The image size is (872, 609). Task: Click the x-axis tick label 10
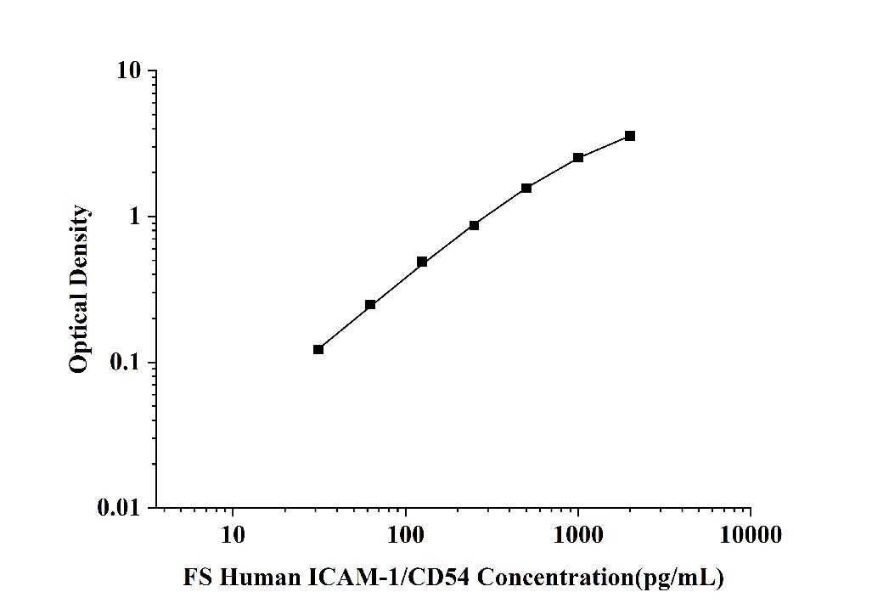pyautogui.click(x=233, y=535)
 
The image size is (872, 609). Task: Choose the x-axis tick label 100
pyautogui.click(x=405, y=535)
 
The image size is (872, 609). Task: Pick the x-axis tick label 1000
pyautogui.click(x=577, y=535)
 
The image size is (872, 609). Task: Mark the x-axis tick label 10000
pyautogui.click(x=750, y=535)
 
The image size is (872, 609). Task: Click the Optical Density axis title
pyautogui.click(x=79, y=289)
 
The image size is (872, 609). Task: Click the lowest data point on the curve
pyautogui.click(x=318, y=349)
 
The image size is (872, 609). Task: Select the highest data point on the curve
pyautogui.click(x=629, y=136)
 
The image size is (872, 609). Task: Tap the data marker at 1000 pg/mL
pyautogui.click(x=578, y=158)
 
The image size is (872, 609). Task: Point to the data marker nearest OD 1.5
pyautogui.click(x=526, y=188)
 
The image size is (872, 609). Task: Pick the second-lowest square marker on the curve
pyautogui.click(x=370, y=304)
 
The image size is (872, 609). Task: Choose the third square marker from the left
pyautogui.click(x=422, y=262)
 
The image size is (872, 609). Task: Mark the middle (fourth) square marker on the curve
pyautogui.click(x=474, y=225)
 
